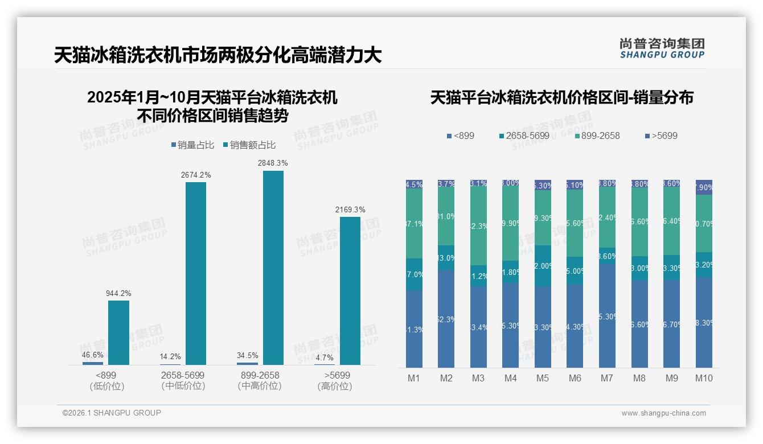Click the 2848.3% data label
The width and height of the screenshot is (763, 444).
click(273, 163)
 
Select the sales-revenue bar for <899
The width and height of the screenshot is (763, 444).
click(118, 332)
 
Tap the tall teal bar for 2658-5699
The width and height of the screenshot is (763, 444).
click(196, 273)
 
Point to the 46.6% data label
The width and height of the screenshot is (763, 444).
click(93, 355)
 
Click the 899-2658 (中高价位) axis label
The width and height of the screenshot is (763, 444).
click(260, 380)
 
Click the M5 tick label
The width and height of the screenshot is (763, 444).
click(543, 378)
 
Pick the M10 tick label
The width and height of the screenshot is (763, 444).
click(704, 378)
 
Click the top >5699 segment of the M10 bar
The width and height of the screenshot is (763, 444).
click(704, 187)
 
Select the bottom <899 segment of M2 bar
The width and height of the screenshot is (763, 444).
click(446, 319)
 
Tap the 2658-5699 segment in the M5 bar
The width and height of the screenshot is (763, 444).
click(543, 266)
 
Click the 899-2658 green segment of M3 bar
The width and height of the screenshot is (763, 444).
click(478, 226)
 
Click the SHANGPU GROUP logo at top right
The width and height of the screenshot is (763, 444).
click(662, 48)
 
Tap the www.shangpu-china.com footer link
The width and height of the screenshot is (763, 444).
click(663, 413)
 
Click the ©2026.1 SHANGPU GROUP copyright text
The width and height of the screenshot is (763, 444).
click(112, 413)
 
